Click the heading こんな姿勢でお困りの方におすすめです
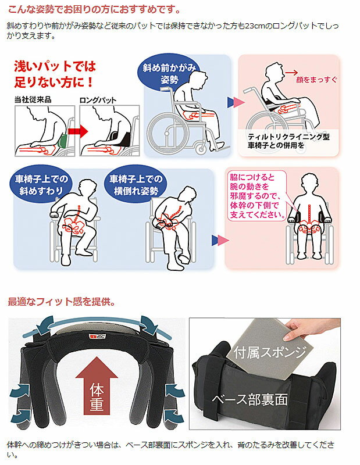(x=94, y=9)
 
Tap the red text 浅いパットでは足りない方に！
(x=55, y=74)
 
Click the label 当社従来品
(x=33, y=99)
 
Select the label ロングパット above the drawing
(x=98, y=100)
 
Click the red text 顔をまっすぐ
(x=316, y=80)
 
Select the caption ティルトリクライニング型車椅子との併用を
(x=288, y=141)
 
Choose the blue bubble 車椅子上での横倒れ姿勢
(x=136, y=184)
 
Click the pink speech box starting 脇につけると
(x=257, y=196)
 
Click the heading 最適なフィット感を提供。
(x=62, y=302)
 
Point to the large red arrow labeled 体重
(x=97, y=386)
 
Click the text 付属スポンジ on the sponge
(x=269, y=352)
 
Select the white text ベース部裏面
(x=249, y=399)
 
